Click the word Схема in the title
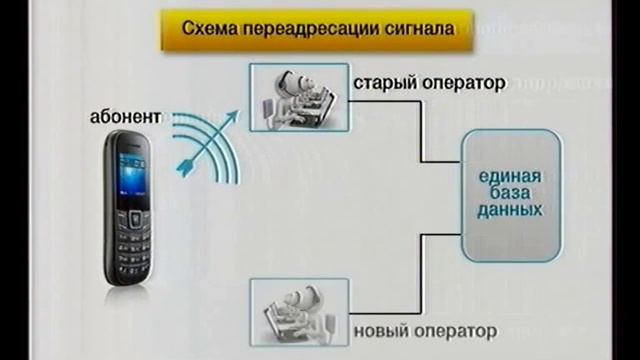[x=207, y=29]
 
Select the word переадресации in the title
[x=300, y=29]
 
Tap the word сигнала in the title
[x=401, y=29]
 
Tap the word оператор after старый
[x=463, y=82]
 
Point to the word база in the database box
[x=510, y=194]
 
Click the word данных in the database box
[x=510, y=211]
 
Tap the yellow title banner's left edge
[x=162, y=29]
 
